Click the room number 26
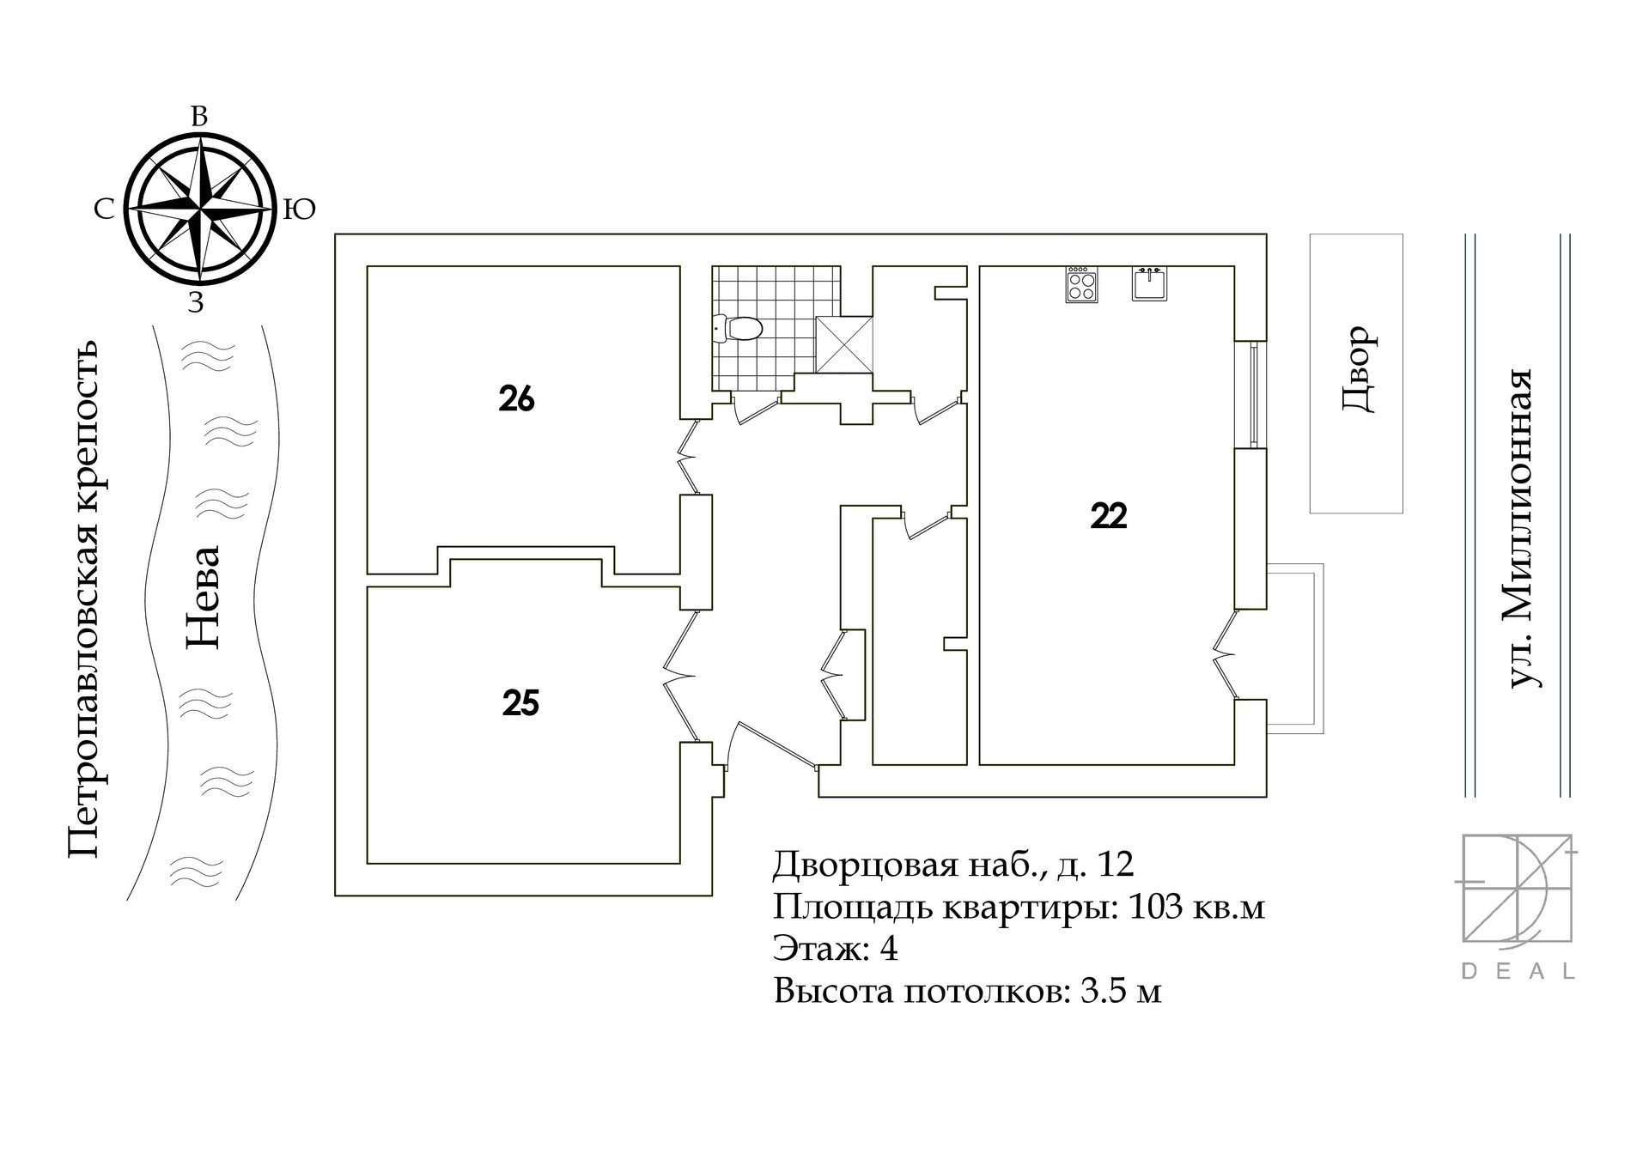516,399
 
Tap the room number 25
520,704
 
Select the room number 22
1108,516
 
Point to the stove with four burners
1081,284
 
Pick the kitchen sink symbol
1149,283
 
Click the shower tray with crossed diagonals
843,344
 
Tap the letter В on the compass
198,118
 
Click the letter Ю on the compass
300,210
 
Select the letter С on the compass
104,210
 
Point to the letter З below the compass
197,303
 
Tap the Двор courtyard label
1360,369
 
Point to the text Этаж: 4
835,949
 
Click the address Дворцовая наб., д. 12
953,864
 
